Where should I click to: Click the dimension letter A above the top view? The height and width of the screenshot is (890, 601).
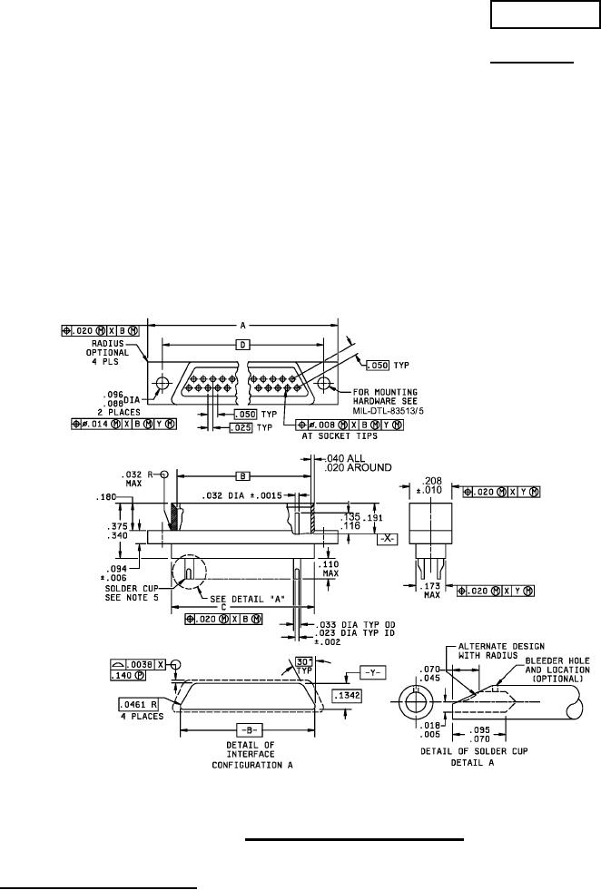click(242, 324)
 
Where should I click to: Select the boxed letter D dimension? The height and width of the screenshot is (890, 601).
click(242, 345)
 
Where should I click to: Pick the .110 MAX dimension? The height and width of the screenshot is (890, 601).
click(329, 568)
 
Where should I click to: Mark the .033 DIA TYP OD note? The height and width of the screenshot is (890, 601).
click(356, 625)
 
